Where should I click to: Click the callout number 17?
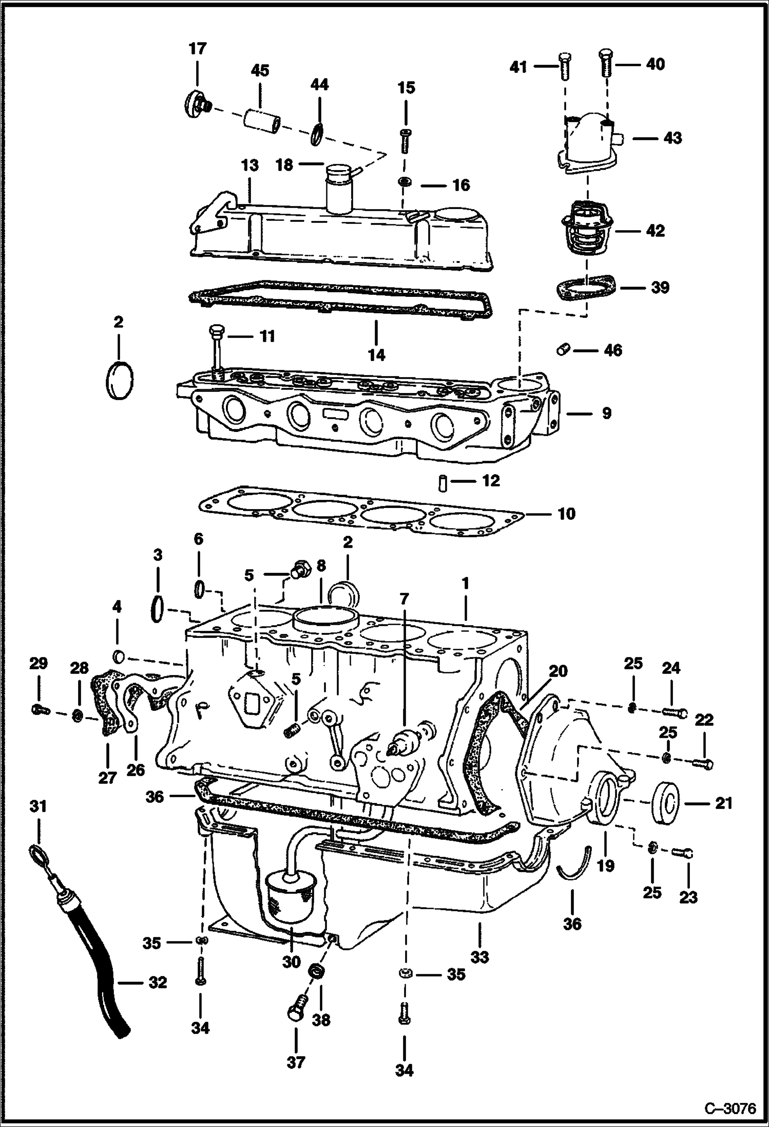pyautogui.click(x=197, y=49)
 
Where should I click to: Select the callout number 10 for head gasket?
pyautogui.click(x=566, y=513)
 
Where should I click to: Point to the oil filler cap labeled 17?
pyautogui.click(x=194, y=104)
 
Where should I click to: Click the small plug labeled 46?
pyautogui.click(x=563, y=350)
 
